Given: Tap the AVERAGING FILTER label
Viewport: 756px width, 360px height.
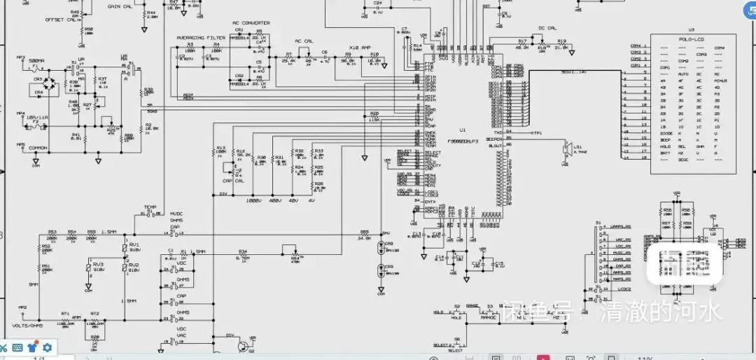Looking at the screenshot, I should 201,38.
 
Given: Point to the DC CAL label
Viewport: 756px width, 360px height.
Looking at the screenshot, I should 547,28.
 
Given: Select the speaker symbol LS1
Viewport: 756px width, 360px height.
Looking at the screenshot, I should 568,148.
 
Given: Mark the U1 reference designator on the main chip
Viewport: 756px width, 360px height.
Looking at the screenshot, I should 462,130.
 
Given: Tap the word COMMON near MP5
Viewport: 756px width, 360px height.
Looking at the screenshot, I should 38,148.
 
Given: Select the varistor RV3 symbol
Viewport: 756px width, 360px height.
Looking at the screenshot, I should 88,268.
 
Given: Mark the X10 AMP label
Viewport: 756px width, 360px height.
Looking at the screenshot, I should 358,47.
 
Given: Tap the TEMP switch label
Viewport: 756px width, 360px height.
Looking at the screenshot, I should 150,207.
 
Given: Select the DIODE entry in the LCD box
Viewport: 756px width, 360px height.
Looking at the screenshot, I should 666,132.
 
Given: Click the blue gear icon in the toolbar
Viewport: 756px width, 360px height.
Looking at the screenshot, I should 47,347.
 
